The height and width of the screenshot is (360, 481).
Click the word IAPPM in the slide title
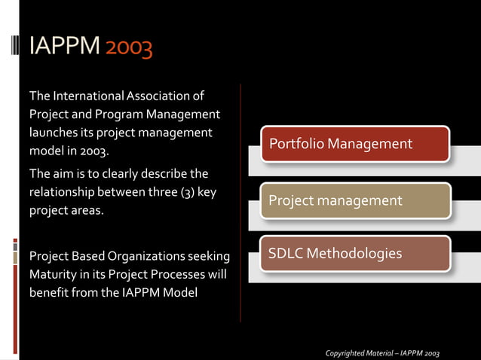tap(64, 47)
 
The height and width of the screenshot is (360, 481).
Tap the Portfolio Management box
tap(354, 144)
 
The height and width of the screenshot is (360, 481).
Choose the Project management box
tap(354, 201)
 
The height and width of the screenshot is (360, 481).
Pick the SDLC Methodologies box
tap(354, 254)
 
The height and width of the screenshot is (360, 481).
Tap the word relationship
tap(64, 192)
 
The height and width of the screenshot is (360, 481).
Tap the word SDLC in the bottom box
tap(286, 253)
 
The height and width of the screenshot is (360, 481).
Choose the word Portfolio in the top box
tap(293, 143)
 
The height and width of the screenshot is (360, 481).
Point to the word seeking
tap(208, 255)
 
